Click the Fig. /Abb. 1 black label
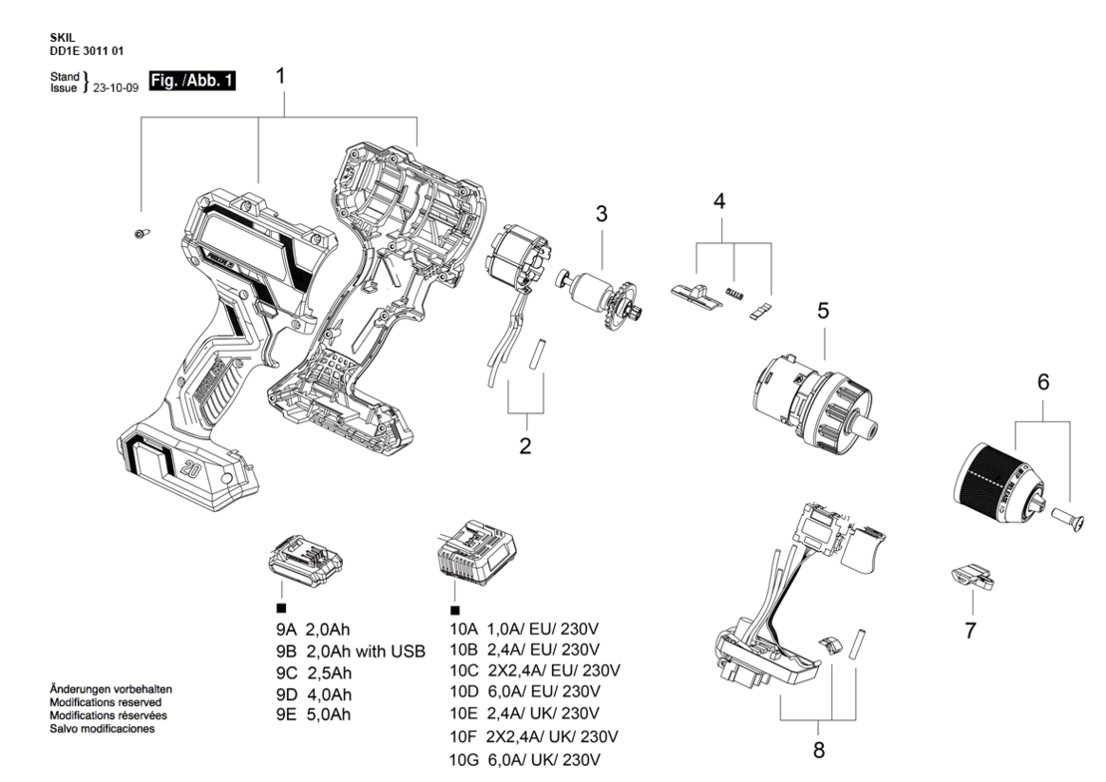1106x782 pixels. click(x=192, y=81)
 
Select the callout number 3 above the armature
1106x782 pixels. click(x=601, y=213)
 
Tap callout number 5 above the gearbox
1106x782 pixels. click(x=823, y=311)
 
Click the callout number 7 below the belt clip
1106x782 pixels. click(x=970, y=631)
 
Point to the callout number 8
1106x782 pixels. click(x=818, y=749)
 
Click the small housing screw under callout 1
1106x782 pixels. click(x=141, y=233)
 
